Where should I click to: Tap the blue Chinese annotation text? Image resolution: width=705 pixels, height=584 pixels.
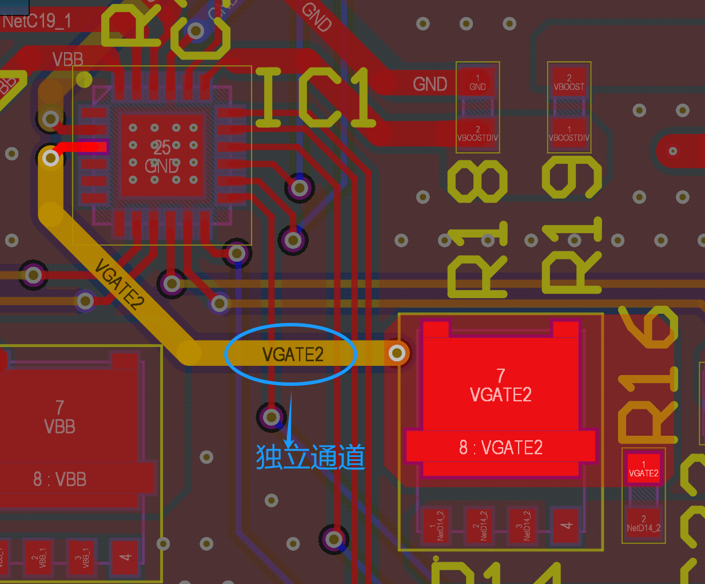pyautogui.click(x=310, y=457)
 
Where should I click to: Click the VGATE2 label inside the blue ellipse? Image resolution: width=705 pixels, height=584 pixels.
pyautogui.click(x=293, y=354)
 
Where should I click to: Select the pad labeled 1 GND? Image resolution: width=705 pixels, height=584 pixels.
pyautogui.click(x=477, y=82)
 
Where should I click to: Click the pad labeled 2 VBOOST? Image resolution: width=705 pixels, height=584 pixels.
pyautogui.click(x=569, y=82)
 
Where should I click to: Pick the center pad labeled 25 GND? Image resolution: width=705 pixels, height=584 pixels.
pyautogui.click(x=162, y=156)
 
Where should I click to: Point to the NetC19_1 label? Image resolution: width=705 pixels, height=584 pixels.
pyautogui.click(x=37, y=22)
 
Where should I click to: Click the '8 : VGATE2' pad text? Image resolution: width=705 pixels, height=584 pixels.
pyautogui.click(x=501, y=447)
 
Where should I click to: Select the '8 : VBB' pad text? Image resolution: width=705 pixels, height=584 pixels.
pyautogui.click(x=60, y=479)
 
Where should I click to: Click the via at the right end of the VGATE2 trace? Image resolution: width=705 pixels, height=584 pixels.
pyautogui.click(x=397, y=353)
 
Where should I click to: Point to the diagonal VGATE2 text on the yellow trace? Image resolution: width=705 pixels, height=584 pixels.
pyautogui.click(x=119, y=284)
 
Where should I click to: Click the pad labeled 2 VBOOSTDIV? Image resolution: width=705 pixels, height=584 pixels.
pyautogui.click(x=477, y=134)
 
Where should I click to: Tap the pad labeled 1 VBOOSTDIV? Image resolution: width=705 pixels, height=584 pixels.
pyautogui.click(x=569, y=134)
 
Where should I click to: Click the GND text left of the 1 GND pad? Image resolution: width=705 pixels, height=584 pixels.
pyautogui.click(x=430, y=84)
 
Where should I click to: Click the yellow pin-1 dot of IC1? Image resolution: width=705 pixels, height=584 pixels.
pyautogui.click(x=85, y=79)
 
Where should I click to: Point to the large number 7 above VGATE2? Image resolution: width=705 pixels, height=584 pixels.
pyautogui.click(x=501, y=376)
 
